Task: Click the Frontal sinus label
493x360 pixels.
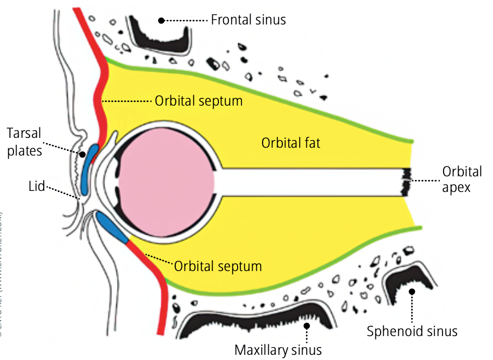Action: (248, 20)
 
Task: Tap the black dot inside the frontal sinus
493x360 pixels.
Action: (162, 20)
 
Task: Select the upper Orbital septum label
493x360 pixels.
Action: (198, 100)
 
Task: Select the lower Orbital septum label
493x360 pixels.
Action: (217, 266)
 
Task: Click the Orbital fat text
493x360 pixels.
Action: (291, 143)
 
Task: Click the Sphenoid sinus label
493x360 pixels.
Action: (412, 331)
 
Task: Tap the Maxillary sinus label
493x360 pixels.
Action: (278, 349)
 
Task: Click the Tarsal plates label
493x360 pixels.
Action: (24, 141)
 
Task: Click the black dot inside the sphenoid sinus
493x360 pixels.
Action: (412, 292)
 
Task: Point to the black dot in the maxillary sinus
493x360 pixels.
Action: (307, 326)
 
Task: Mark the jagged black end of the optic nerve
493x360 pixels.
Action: (406, 181)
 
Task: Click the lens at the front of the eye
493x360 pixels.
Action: (111, 179)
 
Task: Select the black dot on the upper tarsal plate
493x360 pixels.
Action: (82, 155)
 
